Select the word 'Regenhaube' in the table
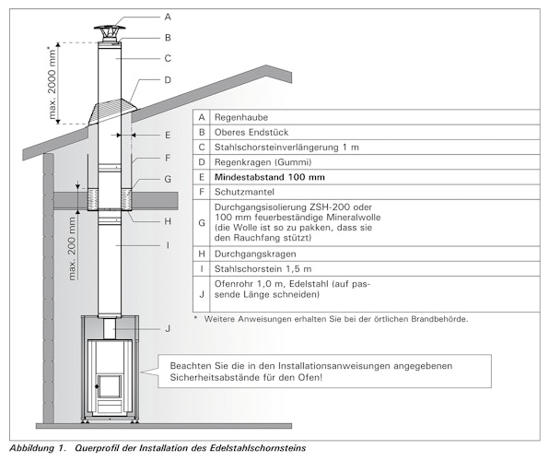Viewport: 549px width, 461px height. coord(239,118)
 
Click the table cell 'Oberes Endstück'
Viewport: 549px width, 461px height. coord(249,136)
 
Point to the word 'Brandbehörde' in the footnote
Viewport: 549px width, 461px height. coord(438,319)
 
